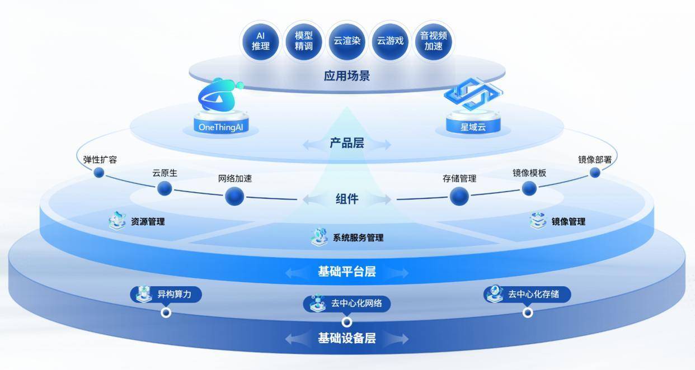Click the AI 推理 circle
260,41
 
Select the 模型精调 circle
303,41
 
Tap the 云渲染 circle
347,41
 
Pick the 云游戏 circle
390,41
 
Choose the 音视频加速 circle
434,41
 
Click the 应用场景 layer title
347,75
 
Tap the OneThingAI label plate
220,127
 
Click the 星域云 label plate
473,127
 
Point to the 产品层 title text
347,144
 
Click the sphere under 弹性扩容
99,173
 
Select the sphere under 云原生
165,188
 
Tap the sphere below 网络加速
234,196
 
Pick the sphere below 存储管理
459,196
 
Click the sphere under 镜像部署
595,173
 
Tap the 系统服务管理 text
358,238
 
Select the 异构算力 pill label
166,294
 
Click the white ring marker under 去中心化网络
347,322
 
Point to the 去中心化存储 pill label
527,294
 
